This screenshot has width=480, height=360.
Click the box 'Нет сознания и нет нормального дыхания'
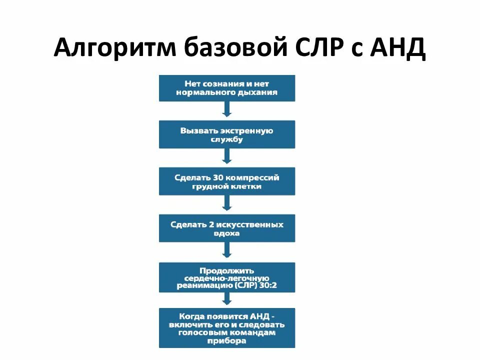pyautogui.click(x=227, y=88)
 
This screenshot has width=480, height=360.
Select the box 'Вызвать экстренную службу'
pyautogui.click(x=227, y=135)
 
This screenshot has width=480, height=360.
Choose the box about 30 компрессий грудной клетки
pyautogui.click(x=227, y=181)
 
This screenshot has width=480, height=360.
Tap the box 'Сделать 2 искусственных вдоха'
pyautogui.click(x=227, y=228)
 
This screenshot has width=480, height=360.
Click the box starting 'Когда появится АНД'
pyautogui.click(x=227, y=328)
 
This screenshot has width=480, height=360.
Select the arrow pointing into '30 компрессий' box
pyautogui.click(x=227, y=157)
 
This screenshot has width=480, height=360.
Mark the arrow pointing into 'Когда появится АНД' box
pyautogui.click(x=227, y=299)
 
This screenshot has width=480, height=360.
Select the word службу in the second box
pyautogui.click(x=227, y=140)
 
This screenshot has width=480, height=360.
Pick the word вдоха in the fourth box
pyautogui.click(x=227, y=233)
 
